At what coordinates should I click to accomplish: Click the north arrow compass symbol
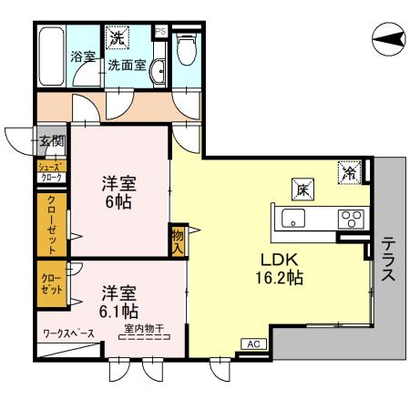pos(389,39)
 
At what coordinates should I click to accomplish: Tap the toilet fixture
pos(187,48)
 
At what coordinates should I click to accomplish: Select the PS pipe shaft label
pos(160,32)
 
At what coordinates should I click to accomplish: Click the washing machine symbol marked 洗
pos(118,37)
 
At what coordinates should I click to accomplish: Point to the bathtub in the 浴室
pos(52,56)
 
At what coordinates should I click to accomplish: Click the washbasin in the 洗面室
pos(158,71)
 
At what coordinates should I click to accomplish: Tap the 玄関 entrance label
pos(53,141)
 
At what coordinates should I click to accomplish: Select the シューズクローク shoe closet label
pos(52,171)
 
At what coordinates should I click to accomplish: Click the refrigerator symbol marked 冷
pos(349,172)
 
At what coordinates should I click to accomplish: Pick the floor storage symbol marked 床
pos(302,189)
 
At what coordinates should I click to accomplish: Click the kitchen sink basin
pos(293,218)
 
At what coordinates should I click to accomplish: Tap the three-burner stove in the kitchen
pos(351,219)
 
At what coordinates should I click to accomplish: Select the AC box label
pos(254,344)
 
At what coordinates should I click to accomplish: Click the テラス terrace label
pos(388,259)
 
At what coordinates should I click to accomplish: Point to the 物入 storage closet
pos(178,241)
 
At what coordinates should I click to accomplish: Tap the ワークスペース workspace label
pos(68,333)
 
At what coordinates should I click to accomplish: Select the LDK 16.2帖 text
pos(280,269)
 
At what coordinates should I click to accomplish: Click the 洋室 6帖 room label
pos(119,192)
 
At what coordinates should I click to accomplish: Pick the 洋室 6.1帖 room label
pos(118,302)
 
